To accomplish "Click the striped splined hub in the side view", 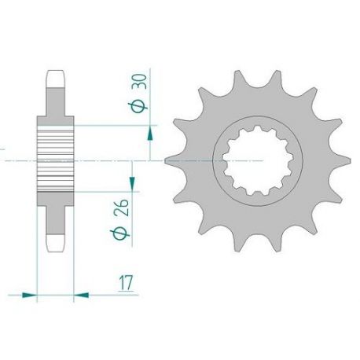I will (55, 161).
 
